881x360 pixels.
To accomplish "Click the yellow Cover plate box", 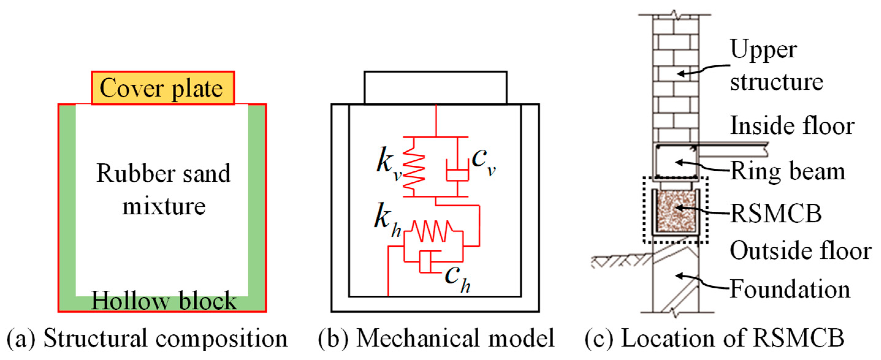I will [163, 88].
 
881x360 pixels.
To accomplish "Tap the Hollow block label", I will [163, 301].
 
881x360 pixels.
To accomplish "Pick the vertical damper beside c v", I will [457, 170].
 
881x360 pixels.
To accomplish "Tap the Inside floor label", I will [792, 126].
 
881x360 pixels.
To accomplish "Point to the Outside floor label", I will [800, 251].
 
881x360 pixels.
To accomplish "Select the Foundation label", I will [790, 289].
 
